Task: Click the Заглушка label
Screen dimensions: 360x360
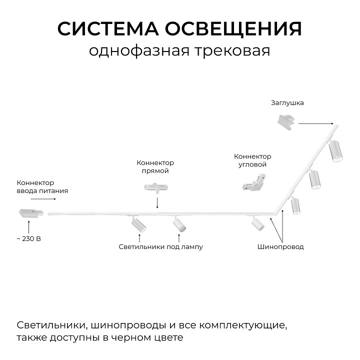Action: point(287,103)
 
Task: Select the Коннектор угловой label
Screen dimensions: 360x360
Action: point(253,160)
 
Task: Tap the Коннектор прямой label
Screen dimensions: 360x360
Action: point(155,167)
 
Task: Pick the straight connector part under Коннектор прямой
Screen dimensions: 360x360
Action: point(156,187)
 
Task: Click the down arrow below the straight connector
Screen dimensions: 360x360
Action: point(157,202)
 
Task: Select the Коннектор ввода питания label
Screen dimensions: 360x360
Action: point(42,186)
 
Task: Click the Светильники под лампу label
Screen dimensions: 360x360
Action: point(161,247)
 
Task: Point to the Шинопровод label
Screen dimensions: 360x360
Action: point(280,247)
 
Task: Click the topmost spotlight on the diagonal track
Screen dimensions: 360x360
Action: point(335,151)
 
